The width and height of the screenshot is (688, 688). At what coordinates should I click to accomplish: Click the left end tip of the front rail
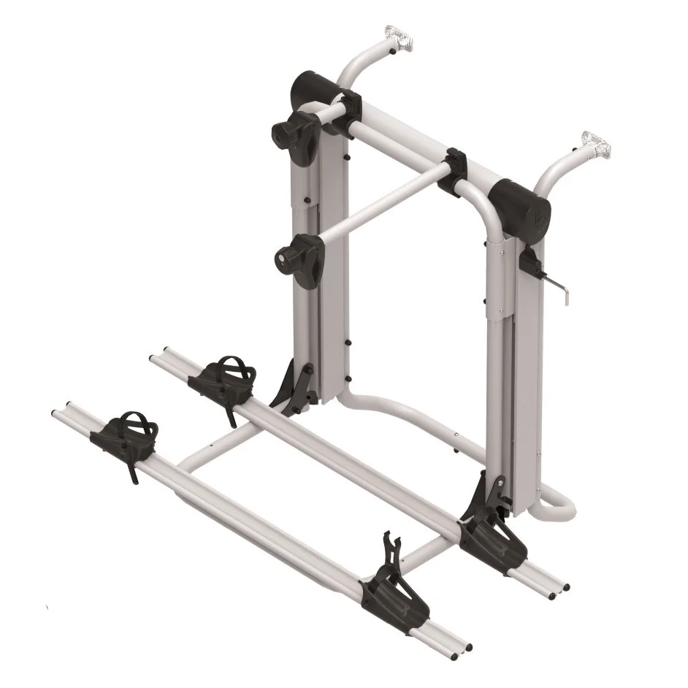tap(69, 406)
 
